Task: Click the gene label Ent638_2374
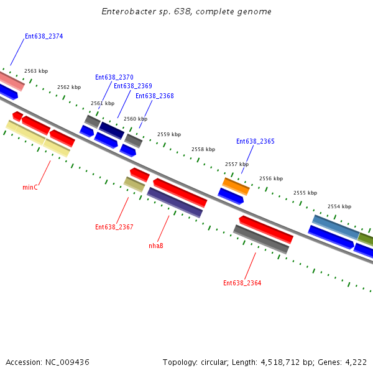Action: (44, 36)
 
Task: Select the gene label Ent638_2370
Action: (114, 77)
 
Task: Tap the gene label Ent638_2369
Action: (132, 86)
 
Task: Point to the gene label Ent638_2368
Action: (154, 96)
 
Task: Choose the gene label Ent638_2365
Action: (255, 141)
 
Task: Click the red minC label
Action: (30, 187)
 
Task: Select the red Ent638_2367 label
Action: (114, 227)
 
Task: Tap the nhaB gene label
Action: (155, 246)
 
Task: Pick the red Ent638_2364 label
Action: (242, 283)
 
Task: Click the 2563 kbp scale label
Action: (36, 71)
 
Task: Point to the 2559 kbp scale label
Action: (168, 134)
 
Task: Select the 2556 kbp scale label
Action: (270, 178)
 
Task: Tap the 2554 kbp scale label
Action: (339, 206)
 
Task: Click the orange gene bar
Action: (236, 186)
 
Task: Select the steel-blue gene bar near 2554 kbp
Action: (336, 228)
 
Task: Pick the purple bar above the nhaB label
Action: (175, 202)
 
